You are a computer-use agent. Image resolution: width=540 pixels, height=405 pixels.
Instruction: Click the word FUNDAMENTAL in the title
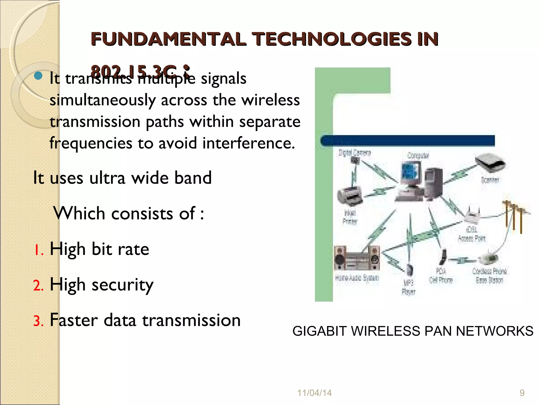click(168, 39)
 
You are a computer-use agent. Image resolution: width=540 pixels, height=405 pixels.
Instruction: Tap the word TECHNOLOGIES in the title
click(332, 39)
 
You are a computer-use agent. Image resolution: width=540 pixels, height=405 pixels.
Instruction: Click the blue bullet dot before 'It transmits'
click(38, 76)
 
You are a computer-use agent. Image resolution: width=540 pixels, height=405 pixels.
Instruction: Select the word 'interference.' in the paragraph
click(248, 143)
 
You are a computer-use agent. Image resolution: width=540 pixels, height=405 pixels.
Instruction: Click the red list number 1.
click(38, 250)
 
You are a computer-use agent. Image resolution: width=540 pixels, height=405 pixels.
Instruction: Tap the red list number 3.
click(38, 321)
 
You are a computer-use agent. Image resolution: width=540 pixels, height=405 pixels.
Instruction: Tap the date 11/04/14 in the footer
click(314, 393)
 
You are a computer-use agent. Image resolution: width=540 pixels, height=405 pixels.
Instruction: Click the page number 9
click(522, 393)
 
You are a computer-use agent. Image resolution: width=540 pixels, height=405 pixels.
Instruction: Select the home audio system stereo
click(356, 258)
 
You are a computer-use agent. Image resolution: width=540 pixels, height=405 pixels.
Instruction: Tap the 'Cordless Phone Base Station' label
click(489, 276)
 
